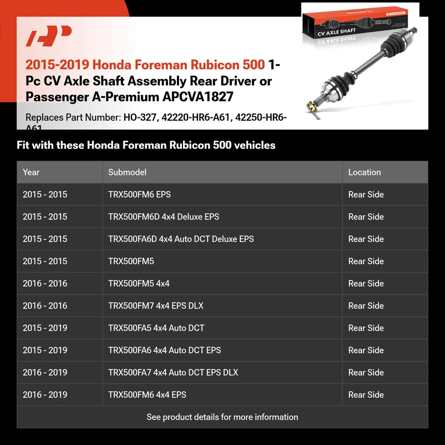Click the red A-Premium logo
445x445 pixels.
tap(49, 37)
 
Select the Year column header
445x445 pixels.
tap(31, 172)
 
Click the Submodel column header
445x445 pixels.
tap(127, 172)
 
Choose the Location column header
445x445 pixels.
tap(364, 172)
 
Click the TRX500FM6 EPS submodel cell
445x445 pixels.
tap(140, 195)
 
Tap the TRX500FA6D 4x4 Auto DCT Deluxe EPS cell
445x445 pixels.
tap(181, 239)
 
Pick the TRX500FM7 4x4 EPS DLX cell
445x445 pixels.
tap(156, 306)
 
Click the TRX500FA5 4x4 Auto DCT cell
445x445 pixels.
tap(156, 328)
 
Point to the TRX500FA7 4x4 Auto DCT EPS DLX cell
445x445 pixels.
tap(173, 373)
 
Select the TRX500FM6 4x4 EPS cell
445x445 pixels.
tap(147, 395)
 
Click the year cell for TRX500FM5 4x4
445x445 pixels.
tap(45, 284)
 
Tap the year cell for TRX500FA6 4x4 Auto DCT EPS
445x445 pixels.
tap(45, 350)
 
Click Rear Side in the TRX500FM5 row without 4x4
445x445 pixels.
tap(366, 261)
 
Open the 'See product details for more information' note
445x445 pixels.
tap(222, 417)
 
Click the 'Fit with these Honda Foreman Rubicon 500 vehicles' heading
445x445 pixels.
tap(146, 146)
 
